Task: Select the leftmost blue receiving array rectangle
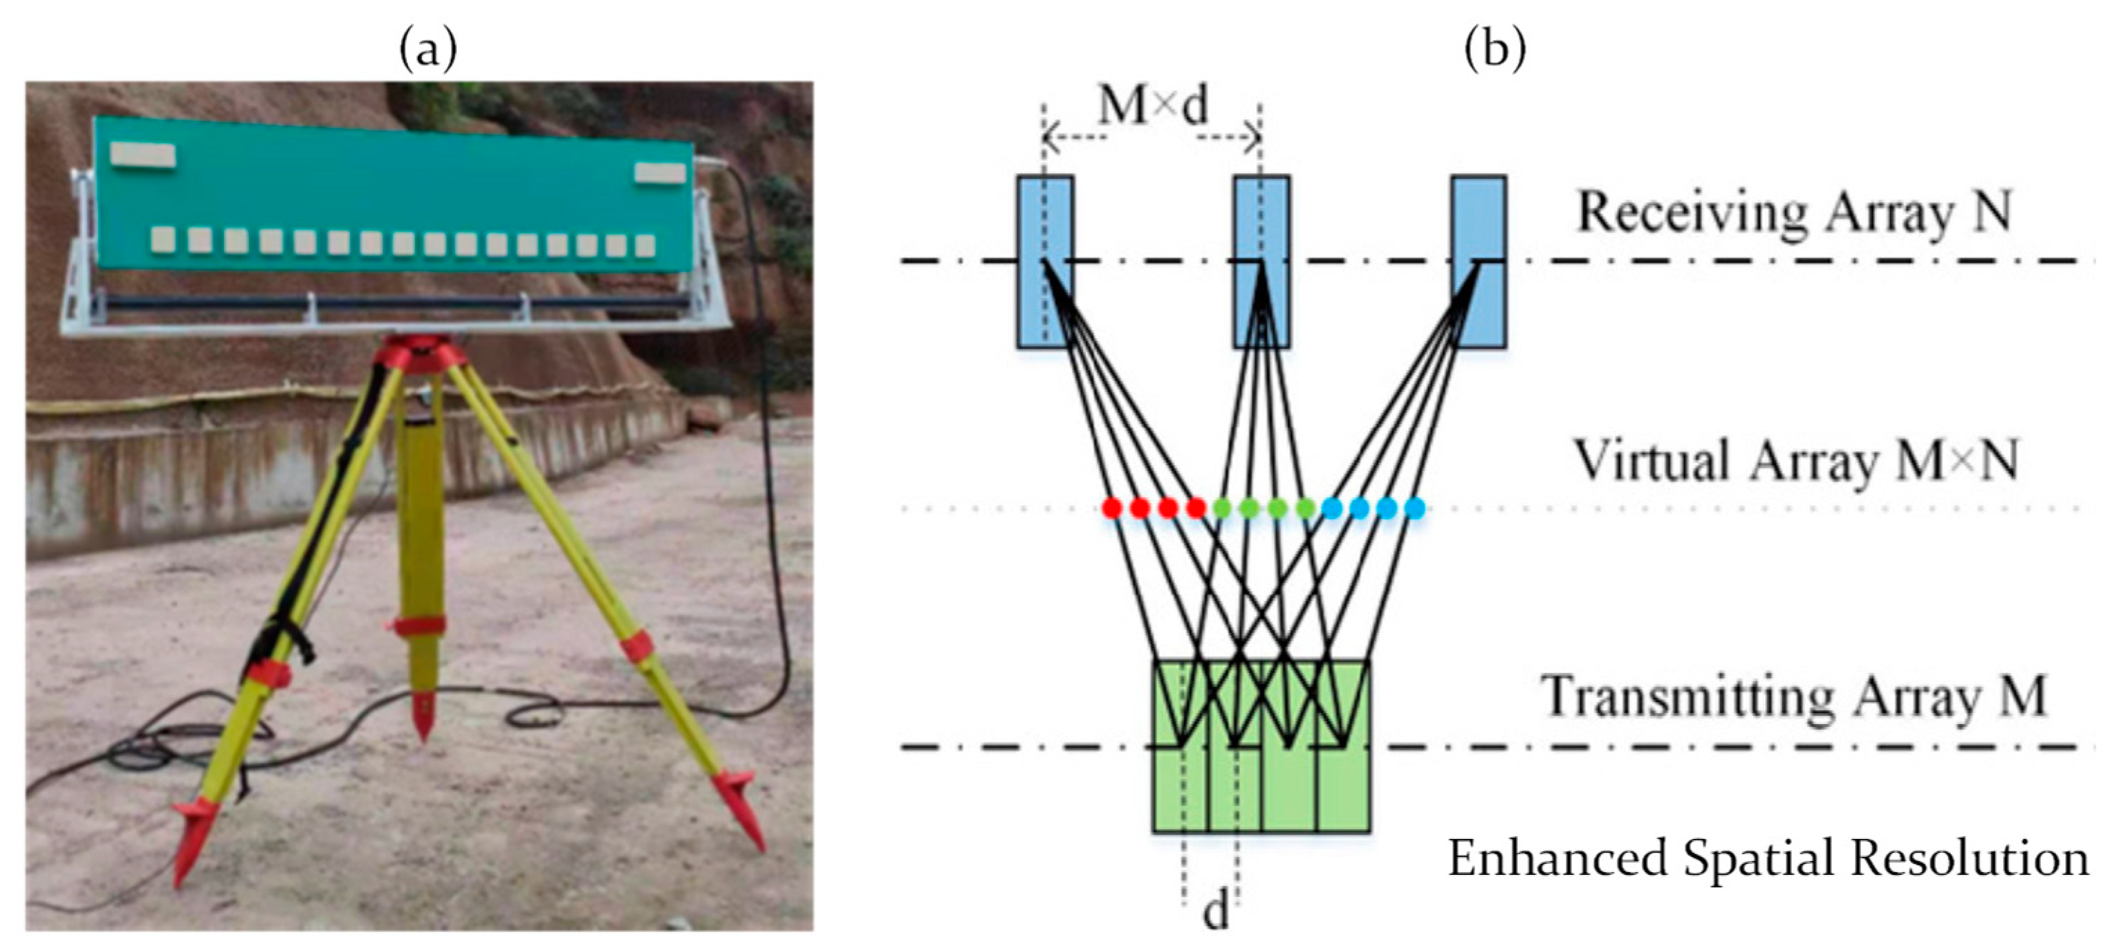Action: coord(1045,261)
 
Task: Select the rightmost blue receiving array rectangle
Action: coord(1478,261)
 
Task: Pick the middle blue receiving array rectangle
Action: coord(1261,261)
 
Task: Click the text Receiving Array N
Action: coord(1793,212)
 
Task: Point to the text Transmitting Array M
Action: coord(1793,696)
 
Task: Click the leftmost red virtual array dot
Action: coord(1112,508)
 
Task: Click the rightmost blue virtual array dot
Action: coord(1414,508)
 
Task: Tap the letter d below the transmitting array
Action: coord(1215,912)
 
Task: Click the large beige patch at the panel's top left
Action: coord(143,155)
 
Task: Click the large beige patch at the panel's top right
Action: coord(660,173)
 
